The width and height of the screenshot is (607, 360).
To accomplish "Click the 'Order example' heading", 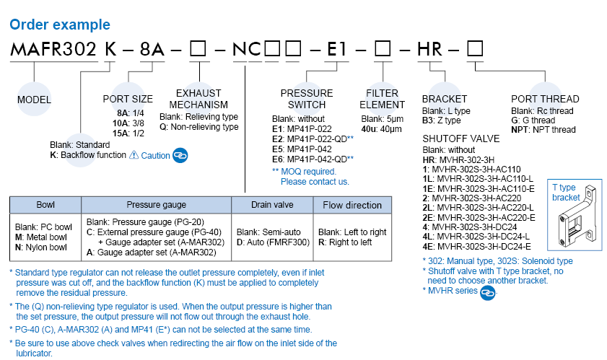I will coord(59,25).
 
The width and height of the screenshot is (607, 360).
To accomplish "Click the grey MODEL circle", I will coord(34,100).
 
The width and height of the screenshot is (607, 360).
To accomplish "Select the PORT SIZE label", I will coord(128,99).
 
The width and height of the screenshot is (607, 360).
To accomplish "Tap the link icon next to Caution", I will coord(180,155).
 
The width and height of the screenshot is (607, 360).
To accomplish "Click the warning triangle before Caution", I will coord(133,155).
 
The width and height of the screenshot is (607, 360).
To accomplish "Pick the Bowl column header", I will coord(45,205).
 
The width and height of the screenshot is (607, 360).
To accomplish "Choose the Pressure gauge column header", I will coord(156,205).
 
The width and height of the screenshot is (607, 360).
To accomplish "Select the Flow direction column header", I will coord(352,205).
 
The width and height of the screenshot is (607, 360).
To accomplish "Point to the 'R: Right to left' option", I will coord(345,242).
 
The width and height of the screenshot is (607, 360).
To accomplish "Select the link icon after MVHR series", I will coord(488,291).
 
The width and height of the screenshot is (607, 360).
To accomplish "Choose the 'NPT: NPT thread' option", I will coord(543,130).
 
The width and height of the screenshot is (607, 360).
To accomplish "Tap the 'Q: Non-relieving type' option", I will coord(198,127).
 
